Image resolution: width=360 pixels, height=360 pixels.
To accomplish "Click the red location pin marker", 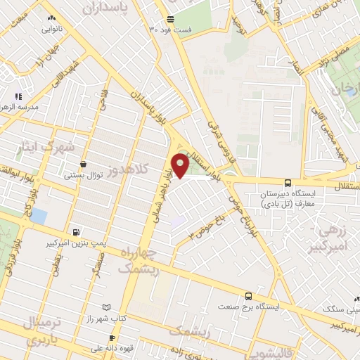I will click(x=181, y=165).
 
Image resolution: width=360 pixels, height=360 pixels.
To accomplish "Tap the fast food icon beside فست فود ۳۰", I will click(x=170, y=19).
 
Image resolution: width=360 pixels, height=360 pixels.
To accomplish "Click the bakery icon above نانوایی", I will click(x=51, y=19).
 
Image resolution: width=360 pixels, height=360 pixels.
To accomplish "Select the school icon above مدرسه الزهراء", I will click(x=19, y=96).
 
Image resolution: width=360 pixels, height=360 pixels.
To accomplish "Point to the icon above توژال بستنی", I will click(x=84, y=164).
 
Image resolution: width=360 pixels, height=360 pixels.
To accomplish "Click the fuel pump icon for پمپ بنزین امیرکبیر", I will click(x=76, y=231).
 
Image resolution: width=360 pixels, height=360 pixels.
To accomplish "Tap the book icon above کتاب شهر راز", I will click(x=107, y=307).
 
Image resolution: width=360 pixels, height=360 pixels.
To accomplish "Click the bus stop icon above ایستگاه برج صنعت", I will click(x=247, y=296).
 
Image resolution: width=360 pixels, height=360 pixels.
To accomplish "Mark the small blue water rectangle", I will click(x=39, y=216).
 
